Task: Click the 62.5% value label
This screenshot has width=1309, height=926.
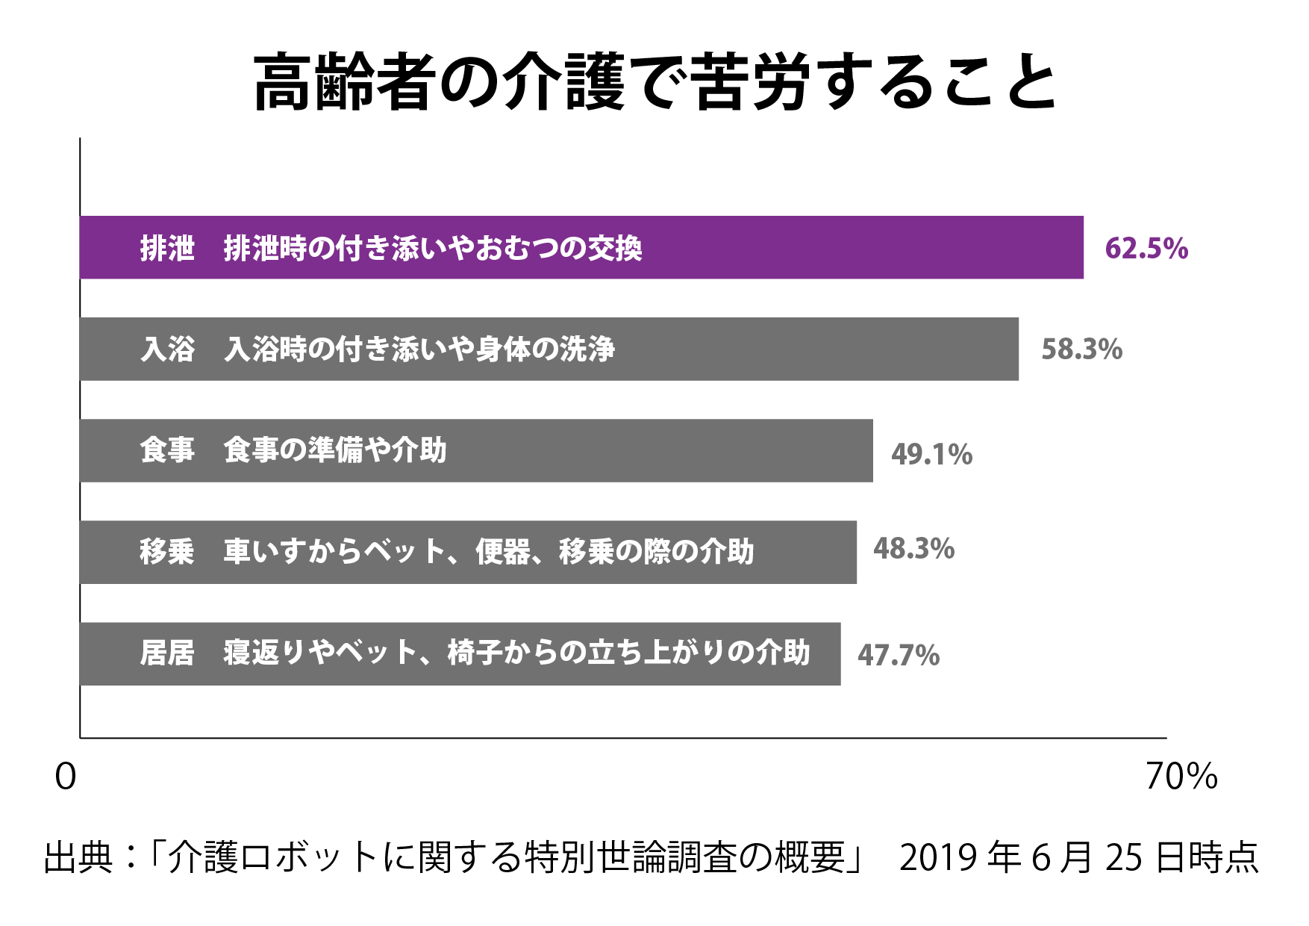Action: (1146, 248)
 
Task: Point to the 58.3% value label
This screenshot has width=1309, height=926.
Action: (1081, 349)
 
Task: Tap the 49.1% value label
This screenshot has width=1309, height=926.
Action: (931, 454)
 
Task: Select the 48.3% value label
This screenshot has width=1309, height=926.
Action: (913, 549)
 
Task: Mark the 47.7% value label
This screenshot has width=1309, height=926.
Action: (898, 656)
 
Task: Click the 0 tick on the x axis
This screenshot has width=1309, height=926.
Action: (66, 777)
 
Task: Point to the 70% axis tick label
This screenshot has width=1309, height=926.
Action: (1181, 777)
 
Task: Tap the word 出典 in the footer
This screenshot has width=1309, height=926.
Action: (78, 857)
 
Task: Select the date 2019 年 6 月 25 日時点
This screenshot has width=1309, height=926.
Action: (1078, 857)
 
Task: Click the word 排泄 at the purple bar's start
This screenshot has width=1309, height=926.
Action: (167, 248)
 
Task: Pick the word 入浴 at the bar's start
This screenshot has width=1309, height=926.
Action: (167, 349)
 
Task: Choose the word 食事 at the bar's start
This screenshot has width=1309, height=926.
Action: (167, 450)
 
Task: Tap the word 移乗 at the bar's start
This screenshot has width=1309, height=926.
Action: (167, 552)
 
